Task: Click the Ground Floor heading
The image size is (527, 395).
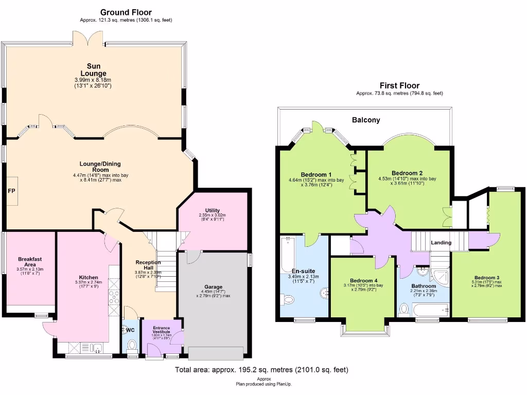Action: (126, 12)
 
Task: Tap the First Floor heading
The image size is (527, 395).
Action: (399, 86)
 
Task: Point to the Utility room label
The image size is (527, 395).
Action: (212, 210)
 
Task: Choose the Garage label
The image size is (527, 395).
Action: (214, 287)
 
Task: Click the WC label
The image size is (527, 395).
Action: (131, 330)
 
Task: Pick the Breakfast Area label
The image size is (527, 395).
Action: (30, 261)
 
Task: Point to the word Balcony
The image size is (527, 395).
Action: (366, 120)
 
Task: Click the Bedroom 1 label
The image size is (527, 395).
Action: (317, 174)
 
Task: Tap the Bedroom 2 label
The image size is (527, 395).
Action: (407, 173)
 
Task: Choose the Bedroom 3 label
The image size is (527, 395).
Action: (487, 278)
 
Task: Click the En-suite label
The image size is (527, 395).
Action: (303, 271)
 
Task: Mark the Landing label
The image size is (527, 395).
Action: (441, 243)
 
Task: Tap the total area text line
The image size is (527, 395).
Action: (261, 369)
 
